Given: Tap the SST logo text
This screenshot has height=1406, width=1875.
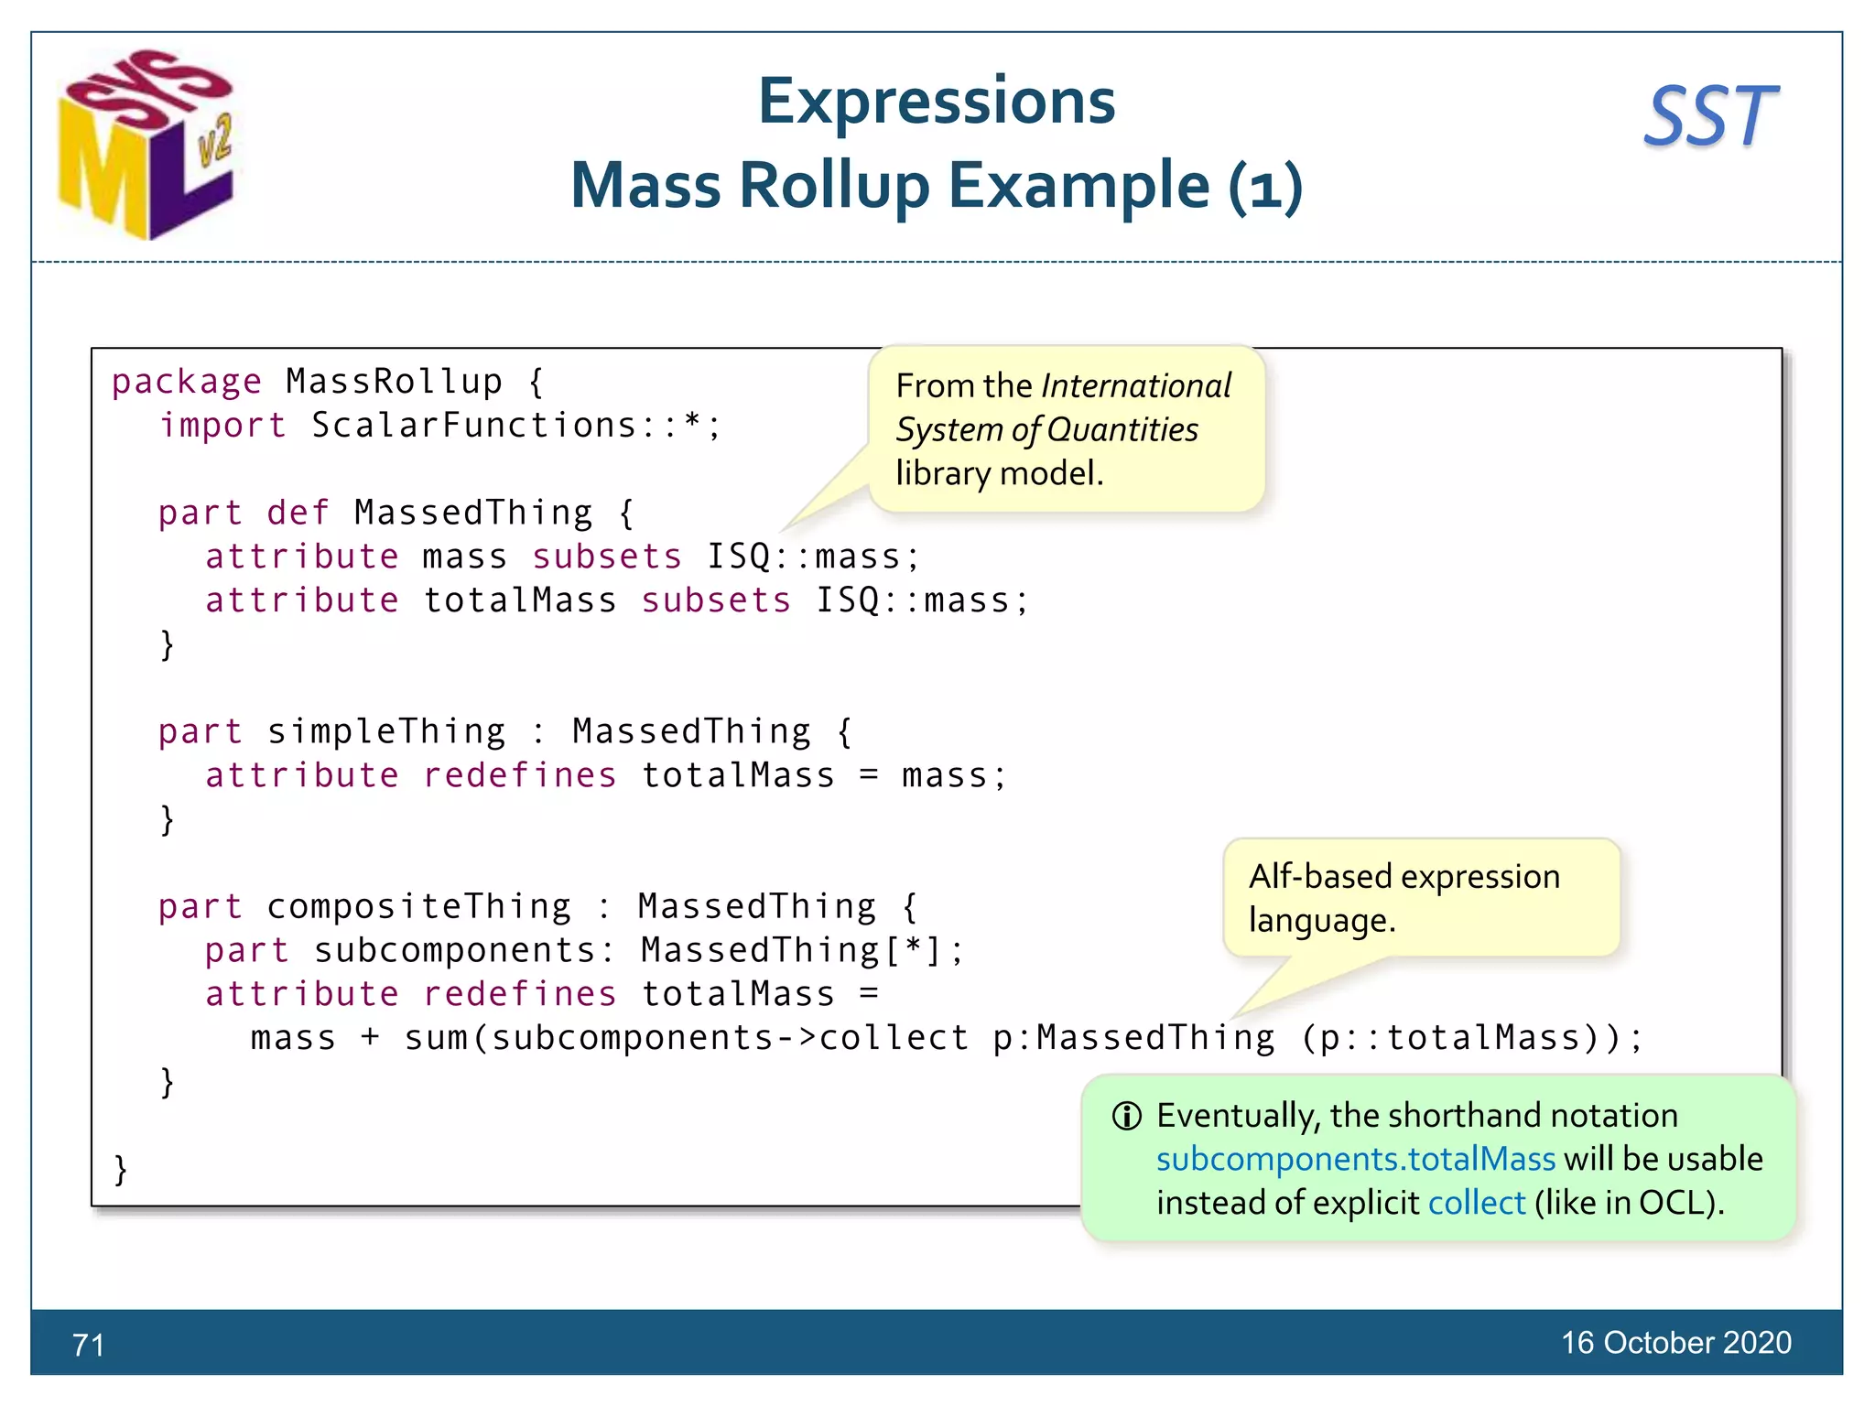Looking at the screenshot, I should (1710, 117).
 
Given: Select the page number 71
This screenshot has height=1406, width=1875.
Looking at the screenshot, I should (88, 1345).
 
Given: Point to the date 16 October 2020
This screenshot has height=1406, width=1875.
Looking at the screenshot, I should (1675, 1342).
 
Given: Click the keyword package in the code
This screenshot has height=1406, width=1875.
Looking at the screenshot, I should (187, 382).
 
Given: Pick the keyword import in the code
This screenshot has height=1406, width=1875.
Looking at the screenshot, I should (223, 426).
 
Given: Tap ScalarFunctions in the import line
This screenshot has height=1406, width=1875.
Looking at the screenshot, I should (474, 426).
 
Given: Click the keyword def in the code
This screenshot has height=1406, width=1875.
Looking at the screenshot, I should (298, 513).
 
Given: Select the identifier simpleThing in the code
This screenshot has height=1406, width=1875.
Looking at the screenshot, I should (386, 731).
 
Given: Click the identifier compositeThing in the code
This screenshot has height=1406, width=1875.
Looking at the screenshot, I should (419, 906).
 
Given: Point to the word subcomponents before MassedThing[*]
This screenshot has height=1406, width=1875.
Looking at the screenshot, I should (456, 950).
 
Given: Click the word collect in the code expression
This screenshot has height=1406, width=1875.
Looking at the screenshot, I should (894, 1038).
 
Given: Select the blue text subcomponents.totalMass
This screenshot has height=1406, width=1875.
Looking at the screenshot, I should (1355, 1159).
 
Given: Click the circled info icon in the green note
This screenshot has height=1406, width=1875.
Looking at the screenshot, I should (1126, 1116).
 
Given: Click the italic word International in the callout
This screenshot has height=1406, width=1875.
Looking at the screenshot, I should (1136, 386).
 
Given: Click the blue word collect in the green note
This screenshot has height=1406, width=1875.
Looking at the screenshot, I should (1476, 1203).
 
